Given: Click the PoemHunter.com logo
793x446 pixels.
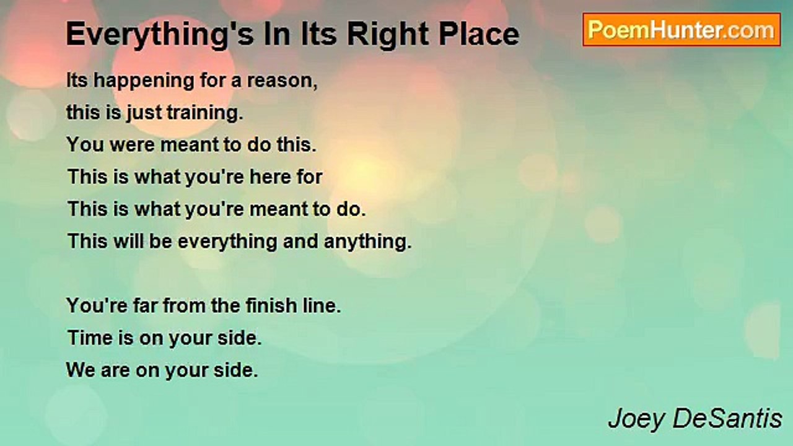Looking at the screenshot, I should pyautogui.click(x=681, y=29).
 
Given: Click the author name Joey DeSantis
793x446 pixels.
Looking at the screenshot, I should pyautogui.click(x=695, y=419).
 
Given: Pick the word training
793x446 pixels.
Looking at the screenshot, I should pyautogui.click(x=211, y=113).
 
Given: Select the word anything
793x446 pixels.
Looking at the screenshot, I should pyautogui.click(x=367, y=242).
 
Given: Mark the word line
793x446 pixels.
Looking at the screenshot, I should pyautogui.click(x=323, y=306).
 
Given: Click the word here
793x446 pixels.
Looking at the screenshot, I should pyautogui.click(x=269, y=177).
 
